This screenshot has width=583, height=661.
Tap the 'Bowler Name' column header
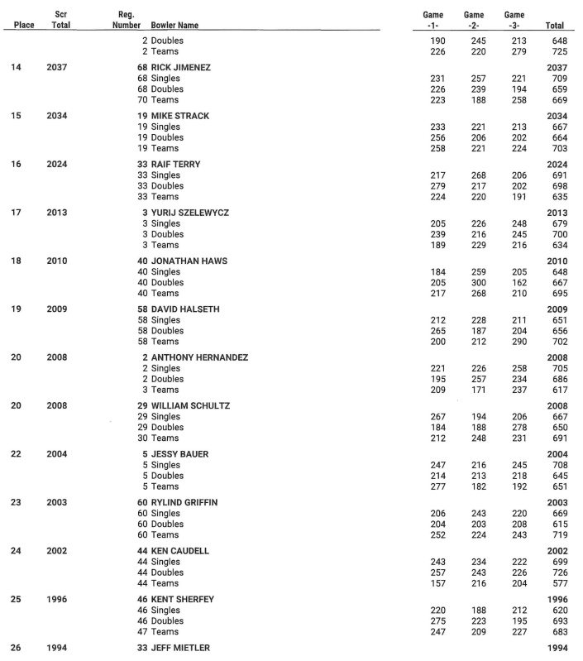(174, 26)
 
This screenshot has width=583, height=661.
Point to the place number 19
(17, 309)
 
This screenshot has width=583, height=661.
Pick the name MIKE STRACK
(179, 116)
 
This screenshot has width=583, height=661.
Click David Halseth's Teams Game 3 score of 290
(514, 342)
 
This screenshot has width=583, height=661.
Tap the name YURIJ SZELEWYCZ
(192, 213)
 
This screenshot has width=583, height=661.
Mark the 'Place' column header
(24, 26)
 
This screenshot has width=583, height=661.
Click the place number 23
(17, 502)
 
